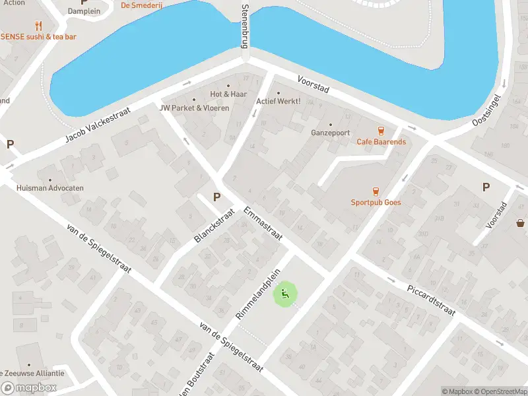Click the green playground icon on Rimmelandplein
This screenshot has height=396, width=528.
click(285, 294)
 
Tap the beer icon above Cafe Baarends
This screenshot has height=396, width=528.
click(380, 131)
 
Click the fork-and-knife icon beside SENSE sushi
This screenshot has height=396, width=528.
click(38, 26)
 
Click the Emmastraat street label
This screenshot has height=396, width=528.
click(263, 224)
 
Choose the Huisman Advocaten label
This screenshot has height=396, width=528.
click(50, 188)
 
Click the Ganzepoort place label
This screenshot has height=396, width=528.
click(330, 132)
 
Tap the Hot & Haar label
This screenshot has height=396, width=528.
click(228, 94)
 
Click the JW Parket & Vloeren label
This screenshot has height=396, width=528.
click(195, 108)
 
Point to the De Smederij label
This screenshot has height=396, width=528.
click(141, 5)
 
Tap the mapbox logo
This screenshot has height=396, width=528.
click(29, 388)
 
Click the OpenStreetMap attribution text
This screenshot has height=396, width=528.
click(499, 391)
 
